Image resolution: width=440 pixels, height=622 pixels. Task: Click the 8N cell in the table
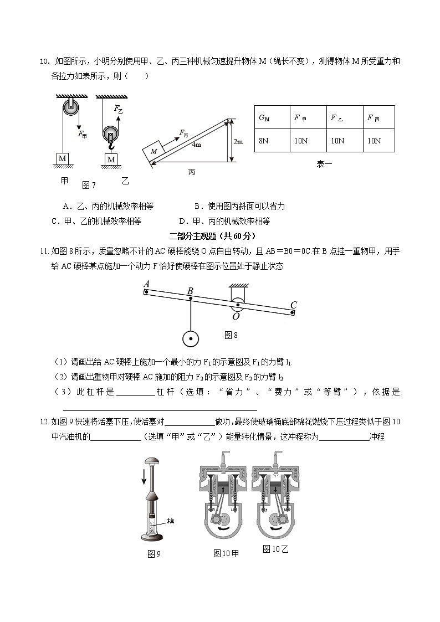264,141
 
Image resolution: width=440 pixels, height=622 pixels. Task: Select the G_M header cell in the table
264,117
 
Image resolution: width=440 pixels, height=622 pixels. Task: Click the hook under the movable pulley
111,146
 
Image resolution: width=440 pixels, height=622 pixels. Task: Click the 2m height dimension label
238,142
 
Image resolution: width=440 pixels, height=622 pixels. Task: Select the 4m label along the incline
196,145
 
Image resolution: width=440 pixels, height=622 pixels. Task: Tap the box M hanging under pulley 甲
63,159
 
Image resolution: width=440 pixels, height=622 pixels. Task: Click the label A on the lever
146,285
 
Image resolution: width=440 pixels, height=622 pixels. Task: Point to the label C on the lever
294,305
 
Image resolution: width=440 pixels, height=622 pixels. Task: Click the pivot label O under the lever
236,316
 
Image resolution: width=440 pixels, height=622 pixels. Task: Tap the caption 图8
231,335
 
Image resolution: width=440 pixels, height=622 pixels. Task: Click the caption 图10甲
226,553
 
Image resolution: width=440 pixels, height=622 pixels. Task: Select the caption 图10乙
276,549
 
